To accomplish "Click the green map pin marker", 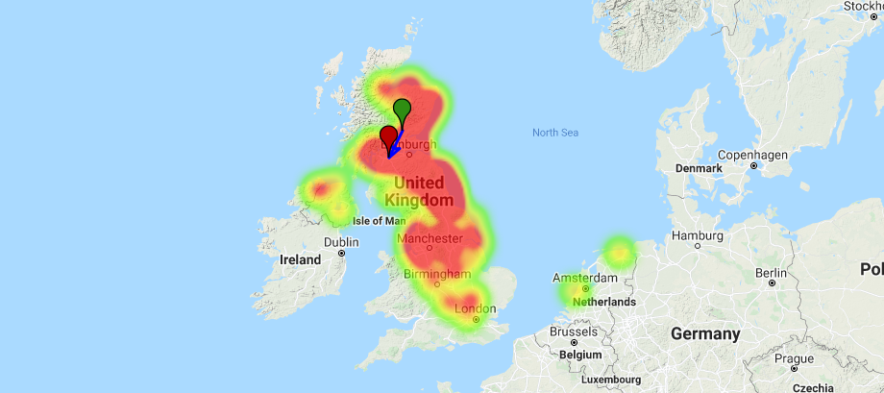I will point(403,108).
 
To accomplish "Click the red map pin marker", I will point(389,136).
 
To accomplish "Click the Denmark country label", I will point(699,168).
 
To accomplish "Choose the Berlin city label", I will point(772,273).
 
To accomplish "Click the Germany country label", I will point(706,333).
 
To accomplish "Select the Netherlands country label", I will point(604,302).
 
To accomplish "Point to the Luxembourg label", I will point(609,380).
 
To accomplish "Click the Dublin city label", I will point(341,242).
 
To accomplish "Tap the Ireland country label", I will point(300,259).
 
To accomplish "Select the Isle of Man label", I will point(379,221).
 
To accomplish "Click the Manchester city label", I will point(430,238).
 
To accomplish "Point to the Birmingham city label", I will point(436,274).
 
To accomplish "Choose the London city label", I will point(475,309).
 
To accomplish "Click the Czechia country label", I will point(814,387).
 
